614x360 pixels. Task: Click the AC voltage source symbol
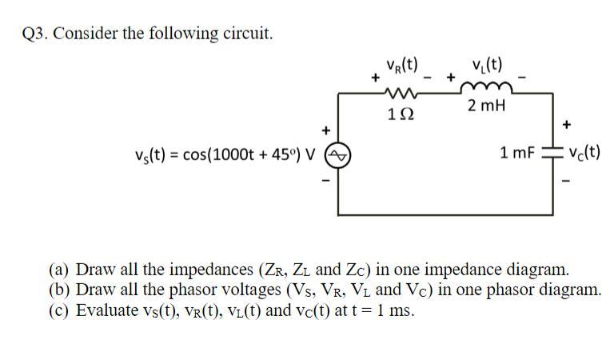(337, 153)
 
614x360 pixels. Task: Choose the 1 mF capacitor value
(517, 152)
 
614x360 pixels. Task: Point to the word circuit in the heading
(249, 34)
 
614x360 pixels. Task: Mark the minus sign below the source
(325, 179)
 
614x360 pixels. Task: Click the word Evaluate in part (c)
(106, 310)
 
